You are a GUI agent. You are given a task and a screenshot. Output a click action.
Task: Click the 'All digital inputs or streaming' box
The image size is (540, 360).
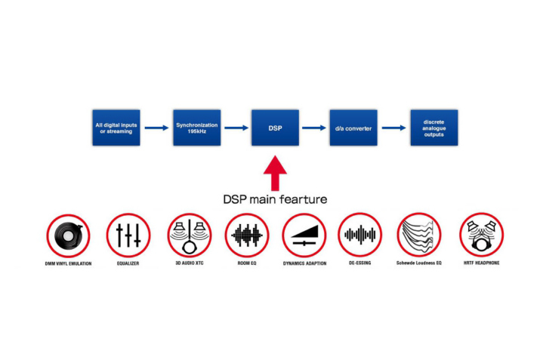(x=114, y=128)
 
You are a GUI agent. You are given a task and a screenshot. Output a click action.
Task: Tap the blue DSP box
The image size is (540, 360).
(x=275, y=128)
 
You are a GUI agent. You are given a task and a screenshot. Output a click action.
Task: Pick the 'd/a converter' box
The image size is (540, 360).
(x=353, y=128)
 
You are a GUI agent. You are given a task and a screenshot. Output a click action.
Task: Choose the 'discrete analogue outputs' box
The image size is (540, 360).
(x=434, y=128)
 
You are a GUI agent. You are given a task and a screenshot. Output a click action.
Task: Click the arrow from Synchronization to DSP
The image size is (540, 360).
(x=236, y=128)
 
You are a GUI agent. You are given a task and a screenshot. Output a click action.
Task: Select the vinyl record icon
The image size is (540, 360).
(x=68, y=235)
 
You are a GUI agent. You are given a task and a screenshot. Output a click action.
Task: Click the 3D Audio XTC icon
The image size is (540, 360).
(x=189, y=235)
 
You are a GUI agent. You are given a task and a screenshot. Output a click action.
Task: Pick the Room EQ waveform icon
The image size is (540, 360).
(x=247, y=235)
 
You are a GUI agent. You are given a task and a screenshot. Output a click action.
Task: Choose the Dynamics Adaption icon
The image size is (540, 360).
(x=304, y=235)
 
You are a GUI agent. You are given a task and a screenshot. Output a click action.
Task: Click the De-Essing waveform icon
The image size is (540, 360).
(x=359, y=235)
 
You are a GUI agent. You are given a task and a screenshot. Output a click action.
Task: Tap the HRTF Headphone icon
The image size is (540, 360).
(x=481, y=235)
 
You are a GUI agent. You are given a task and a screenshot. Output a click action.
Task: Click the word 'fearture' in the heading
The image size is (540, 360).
(x=302, y=200)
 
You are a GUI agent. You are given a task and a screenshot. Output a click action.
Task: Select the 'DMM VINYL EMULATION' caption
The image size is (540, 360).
(x=68, y=263)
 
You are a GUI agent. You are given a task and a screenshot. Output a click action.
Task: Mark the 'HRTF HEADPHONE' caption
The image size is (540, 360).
(x=481, y=263)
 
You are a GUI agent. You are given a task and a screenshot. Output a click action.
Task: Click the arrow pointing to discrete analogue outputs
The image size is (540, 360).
(x=393, y=128)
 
